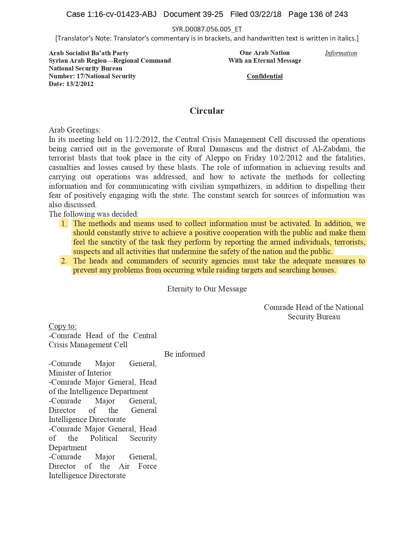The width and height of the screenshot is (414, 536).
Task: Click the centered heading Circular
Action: pyautogui.click(x=207, y=111)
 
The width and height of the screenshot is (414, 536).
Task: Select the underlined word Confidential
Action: pyautogui.click(x=265, y=76)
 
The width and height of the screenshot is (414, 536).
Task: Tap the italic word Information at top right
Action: pyautogui.click(x=341, y=53)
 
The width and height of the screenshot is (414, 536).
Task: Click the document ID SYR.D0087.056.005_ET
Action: pyautogui.click(x=207, y=29)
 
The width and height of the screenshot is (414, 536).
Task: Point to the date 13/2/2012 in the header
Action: pyautogui.click(x=80, y=84)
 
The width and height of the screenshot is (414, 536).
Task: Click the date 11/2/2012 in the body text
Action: pyautogui.click(x=142, y=139)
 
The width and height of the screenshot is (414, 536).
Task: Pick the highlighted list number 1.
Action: pyautogui.click(x=64, y=223)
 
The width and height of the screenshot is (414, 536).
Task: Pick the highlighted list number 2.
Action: pyautogui.click(x=64, y=261)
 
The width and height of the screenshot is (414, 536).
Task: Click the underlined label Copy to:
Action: pyautogui.click(x=63, y=326)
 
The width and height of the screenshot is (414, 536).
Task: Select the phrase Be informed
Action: pyautogui.click(x=184, y=354)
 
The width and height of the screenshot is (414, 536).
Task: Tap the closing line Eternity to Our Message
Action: pyautogui.click(x=207, y=289)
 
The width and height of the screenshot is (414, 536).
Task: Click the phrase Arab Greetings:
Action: pyautogui.click(x=74, y=130)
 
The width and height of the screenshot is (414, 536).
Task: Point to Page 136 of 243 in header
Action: pyautogui.click(x=318, y=14)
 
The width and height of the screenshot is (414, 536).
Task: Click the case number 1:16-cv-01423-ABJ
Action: pyautogui.click(x=122, y=14)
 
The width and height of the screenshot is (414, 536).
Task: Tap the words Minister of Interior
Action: pyautogui.click(x=80, y=373)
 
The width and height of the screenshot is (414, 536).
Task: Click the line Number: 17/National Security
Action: pyautogui.click(x=92, y=76)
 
